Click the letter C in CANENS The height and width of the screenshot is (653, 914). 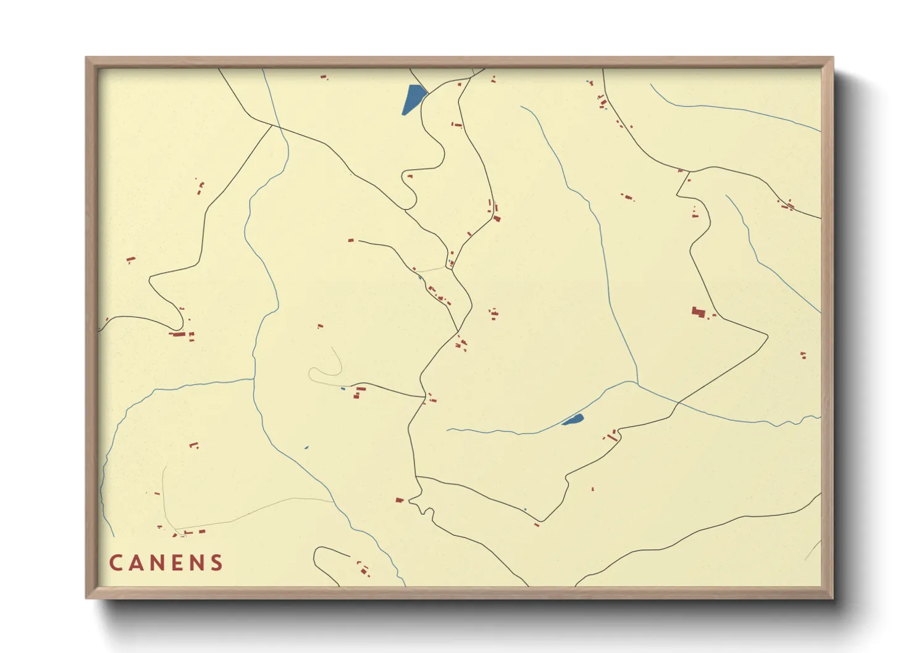tap(115, 563)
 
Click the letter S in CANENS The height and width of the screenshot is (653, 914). tap(217, 563)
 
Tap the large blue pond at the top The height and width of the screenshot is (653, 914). tap(413, 99)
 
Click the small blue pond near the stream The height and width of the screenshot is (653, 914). tap(573, 420)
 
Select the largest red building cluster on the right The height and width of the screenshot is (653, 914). tap(699, 312)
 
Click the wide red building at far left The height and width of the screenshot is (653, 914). tap(178, 335)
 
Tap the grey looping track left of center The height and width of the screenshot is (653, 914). tap(326, 370)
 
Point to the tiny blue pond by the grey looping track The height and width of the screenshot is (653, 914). tap(343, 388)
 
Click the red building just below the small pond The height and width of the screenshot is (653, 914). tap(612, 436)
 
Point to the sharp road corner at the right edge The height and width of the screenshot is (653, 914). tap(767, 336)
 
